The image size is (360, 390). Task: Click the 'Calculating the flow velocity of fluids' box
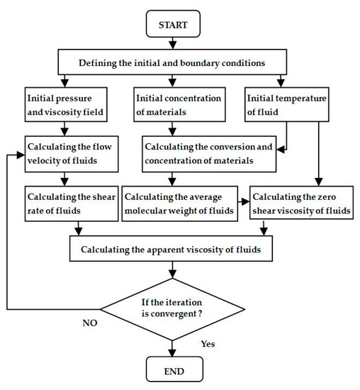pyautogui.click(x=69, y=152)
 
